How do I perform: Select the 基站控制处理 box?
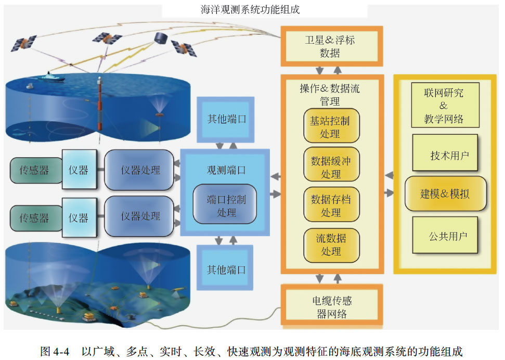click(331, 126)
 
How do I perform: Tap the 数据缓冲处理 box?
click(331, 167)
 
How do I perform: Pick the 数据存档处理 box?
click(331, 205)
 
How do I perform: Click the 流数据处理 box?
click(331, 245)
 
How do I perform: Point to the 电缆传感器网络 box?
click(331, 307)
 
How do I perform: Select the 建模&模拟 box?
click(445, 194)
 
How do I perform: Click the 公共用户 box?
click(445, 236)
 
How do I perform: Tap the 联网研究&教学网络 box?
click(444, 106)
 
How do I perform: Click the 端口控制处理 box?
click(226, 205)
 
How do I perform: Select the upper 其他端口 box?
click(226, 119)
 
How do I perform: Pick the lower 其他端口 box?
click(226, 269)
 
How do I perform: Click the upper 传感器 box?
click(34, 170)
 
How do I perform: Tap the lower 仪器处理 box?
click(139, 216)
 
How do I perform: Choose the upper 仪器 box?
click(79, 170)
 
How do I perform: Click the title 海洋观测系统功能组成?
click(250, 9)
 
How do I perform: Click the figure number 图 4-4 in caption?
click(55, 351)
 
